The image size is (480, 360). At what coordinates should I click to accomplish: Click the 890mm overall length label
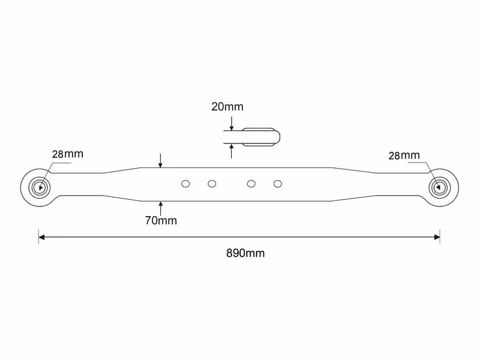point(245,253)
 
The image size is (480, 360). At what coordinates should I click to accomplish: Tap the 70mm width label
point(161,220)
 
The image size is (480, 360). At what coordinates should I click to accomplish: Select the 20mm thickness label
point(227,107)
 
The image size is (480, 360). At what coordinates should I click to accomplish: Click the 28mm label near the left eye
point(68,154)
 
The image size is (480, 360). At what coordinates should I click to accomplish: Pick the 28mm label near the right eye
point(404,155)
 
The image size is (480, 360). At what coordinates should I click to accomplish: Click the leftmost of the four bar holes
point(185,184)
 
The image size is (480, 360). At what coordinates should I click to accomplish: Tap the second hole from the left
point(212,184)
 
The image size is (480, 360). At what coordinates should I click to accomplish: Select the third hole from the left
point(251,184)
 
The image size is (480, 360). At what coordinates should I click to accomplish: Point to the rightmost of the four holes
point(278,184)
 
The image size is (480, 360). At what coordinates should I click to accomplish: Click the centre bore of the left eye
point(39,187)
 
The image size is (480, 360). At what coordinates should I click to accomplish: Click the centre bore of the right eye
point(440,187)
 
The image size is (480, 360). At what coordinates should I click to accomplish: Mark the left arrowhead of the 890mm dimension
point(41,237)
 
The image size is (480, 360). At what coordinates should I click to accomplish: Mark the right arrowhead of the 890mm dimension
point(437,237)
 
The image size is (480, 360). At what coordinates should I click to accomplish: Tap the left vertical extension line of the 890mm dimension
point(38,236)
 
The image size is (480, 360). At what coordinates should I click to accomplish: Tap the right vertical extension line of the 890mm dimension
point(440,236)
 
